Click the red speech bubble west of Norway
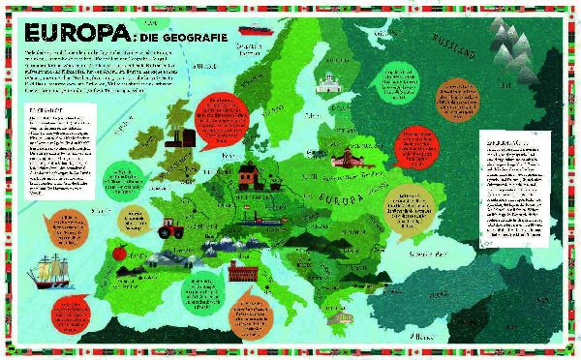pyautogui.click(x=220, y=118)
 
